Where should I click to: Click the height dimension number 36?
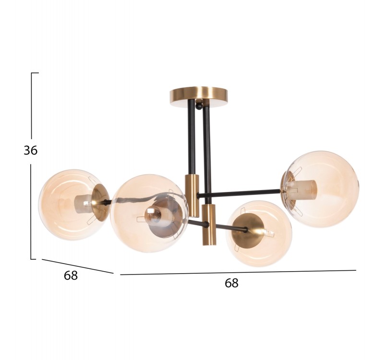coord(31,150)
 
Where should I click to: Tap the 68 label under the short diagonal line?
coord(71,275)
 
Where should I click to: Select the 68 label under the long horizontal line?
coord(231,283)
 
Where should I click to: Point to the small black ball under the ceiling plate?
coord(200,106)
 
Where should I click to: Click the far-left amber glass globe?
coord(71,204)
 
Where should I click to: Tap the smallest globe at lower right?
coord(259,233)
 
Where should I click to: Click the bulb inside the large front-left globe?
coord(153,216)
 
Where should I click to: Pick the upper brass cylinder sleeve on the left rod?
coord(192,195)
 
